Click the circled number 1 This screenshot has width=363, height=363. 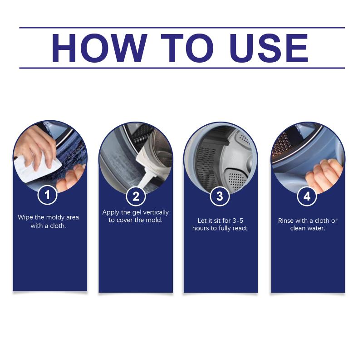pos(47,195)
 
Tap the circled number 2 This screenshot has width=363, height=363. pos(136,196)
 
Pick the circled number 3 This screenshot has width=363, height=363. pos(220,196)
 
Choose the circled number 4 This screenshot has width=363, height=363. pos(307,196)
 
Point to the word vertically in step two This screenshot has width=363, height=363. pos(156,212)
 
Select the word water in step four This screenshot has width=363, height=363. pos(318,228)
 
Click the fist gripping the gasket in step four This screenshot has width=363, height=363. pos(323,175)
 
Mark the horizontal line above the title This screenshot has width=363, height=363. pos(182,28)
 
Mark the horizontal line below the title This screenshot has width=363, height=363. pos(182,68)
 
